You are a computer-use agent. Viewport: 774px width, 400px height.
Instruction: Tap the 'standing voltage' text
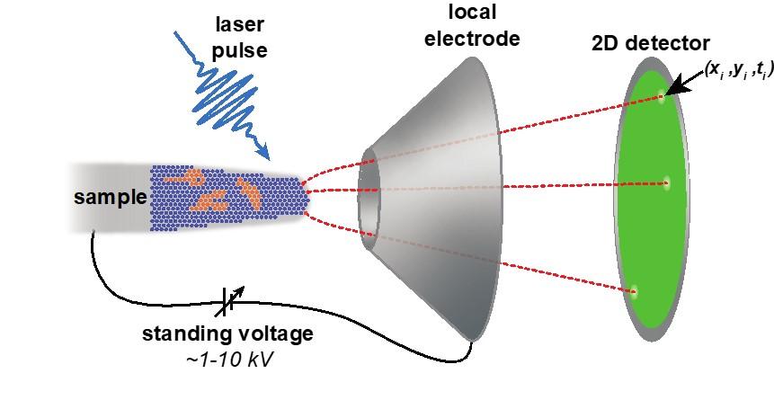pos(228,334)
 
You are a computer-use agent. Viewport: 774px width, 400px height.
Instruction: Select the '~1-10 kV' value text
pos(228,358)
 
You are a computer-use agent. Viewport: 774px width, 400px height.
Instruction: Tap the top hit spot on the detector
pos(663,97)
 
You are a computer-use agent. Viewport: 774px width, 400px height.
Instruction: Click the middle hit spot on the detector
pos(666,183)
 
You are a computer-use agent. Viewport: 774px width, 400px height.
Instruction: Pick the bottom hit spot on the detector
pos(636,290)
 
